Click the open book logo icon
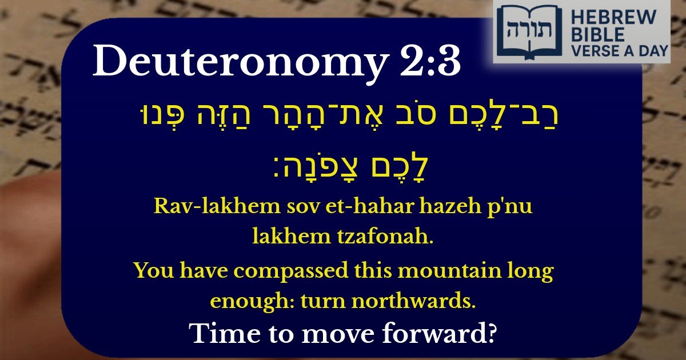click(x=526, y=31)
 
